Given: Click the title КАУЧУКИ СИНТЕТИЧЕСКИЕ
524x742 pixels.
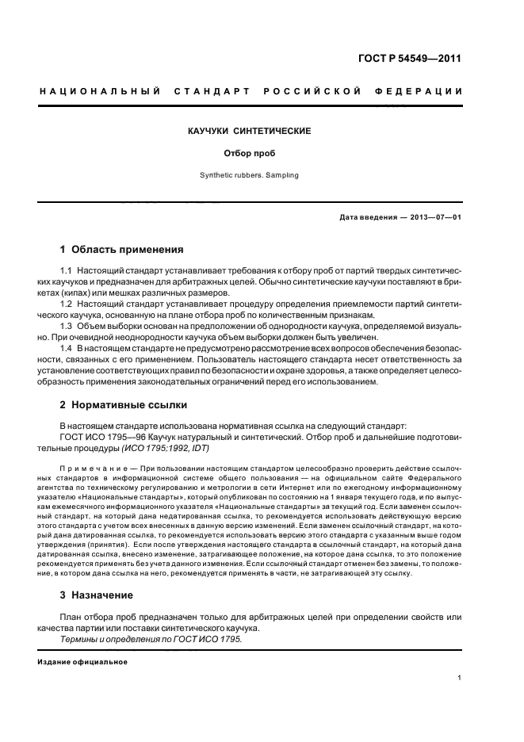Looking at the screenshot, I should [249, 129].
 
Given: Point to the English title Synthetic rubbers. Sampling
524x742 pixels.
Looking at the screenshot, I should [249, 175].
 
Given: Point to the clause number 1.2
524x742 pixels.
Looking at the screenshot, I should [67, 304].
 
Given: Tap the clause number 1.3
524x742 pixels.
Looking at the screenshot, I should [67, 325].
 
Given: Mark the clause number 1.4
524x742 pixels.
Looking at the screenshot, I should [67, 347].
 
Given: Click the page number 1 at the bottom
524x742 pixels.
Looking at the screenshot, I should [460, 678].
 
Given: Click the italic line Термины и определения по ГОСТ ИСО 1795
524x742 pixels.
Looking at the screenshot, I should [151, 639].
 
